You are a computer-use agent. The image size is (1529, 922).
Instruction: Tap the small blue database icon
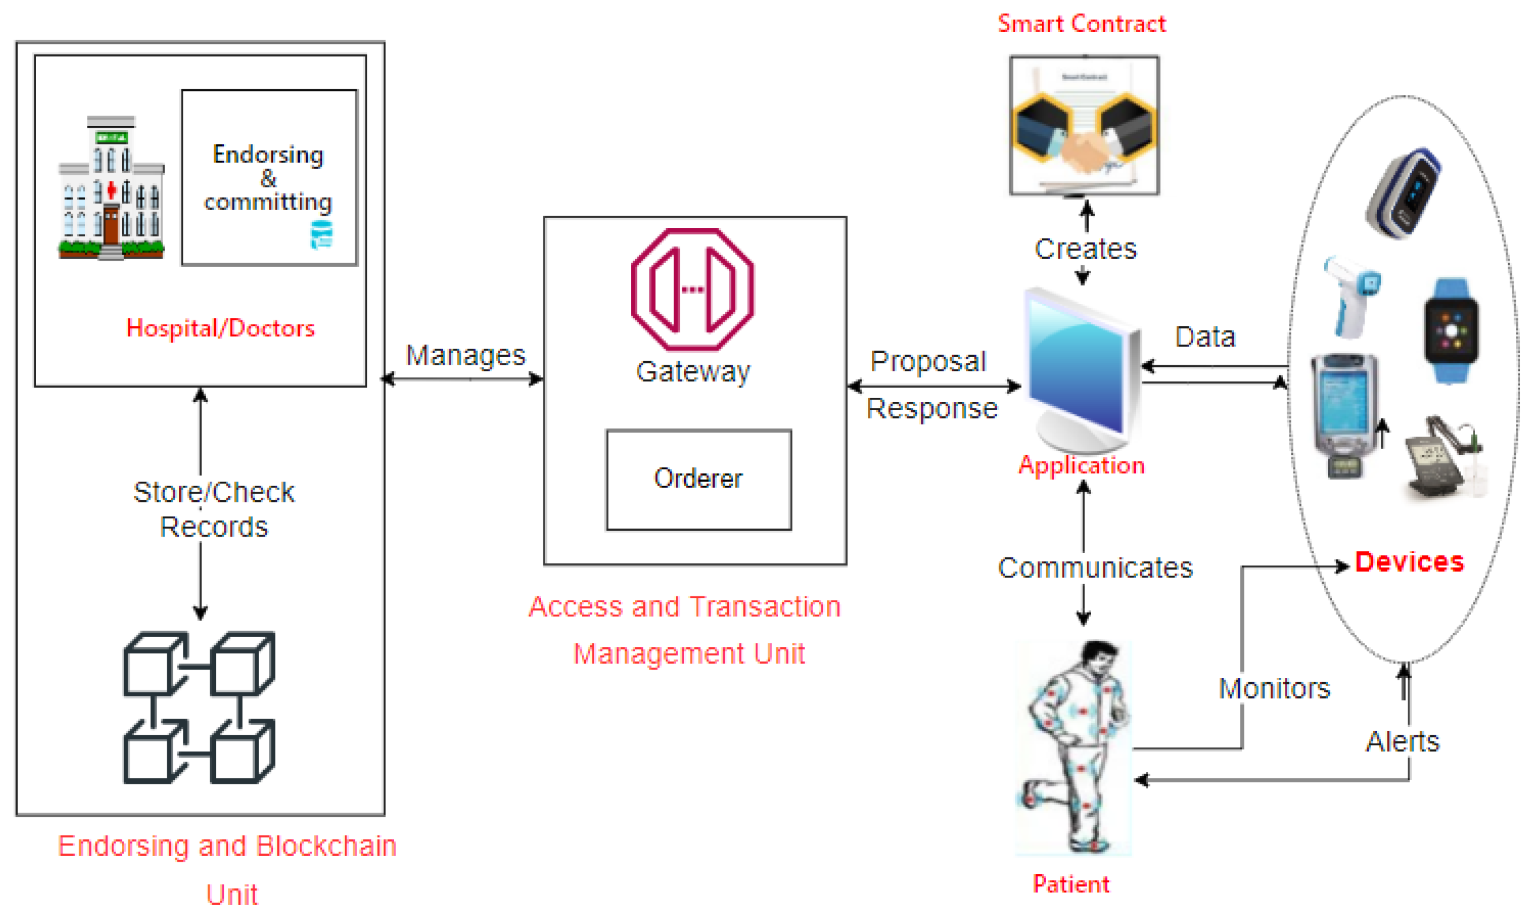coord(322,235)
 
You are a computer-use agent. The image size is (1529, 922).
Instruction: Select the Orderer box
coord(699,479)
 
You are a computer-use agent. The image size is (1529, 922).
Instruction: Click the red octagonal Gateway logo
coord(692,289)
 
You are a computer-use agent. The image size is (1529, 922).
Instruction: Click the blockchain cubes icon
coord(199,707)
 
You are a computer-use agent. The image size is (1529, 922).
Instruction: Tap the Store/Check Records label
coord(214,509)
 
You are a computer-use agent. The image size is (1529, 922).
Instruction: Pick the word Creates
coord(1086,249)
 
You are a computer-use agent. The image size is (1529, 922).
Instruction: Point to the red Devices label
coord(1409,561)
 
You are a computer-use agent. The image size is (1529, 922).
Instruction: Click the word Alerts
coord(1402,742)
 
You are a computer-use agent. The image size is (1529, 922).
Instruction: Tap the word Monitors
coord(1275,688)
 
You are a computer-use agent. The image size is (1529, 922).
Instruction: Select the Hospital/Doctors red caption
coord(221,327)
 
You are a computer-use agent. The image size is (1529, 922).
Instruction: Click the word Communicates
coord(1095,568)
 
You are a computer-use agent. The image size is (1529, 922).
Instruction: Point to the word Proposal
coord(928,361)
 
